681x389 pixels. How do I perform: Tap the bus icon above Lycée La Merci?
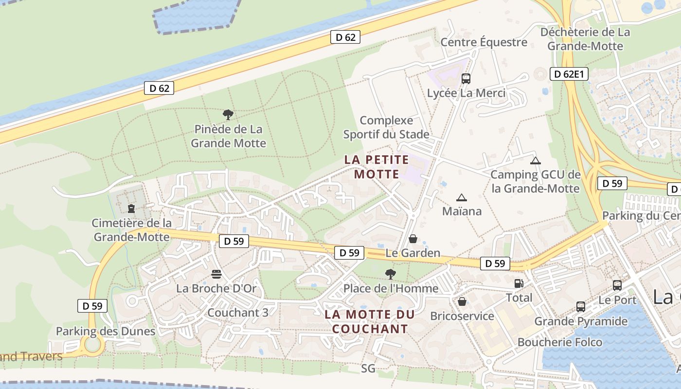tap(466, 78)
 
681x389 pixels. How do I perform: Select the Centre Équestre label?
tap(484, 42)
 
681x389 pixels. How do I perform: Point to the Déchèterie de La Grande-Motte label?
tap(585, 39)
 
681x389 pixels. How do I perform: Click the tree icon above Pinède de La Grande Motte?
tap(228, 115)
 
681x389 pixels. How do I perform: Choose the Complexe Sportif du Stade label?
tap(386, 127)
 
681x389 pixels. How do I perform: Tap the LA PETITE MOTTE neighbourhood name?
tap(376, 167)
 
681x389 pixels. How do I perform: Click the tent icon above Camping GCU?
tap(535, 160)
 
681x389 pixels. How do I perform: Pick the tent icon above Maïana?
tap(461, 197)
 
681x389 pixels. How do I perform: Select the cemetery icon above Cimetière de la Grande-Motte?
tap(131, 209)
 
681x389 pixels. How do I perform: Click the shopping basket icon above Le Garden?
tap(412, 239)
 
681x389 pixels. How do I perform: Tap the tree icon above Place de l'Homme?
tap(390, 274)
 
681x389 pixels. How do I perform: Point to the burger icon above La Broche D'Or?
tap(216, 274)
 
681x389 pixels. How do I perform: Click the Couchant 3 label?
tap(237, 313)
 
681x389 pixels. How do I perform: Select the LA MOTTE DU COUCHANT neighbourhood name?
tap(369, 321)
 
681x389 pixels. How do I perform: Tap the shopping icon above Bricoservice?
tap(462, 302)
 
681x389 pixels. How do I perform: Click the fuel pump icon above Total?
tap(519, 283)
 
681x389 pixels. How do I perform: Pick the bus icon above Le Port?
tap(617, 285)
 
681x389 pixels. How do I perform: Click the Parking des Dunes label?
tap(106, 331)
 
